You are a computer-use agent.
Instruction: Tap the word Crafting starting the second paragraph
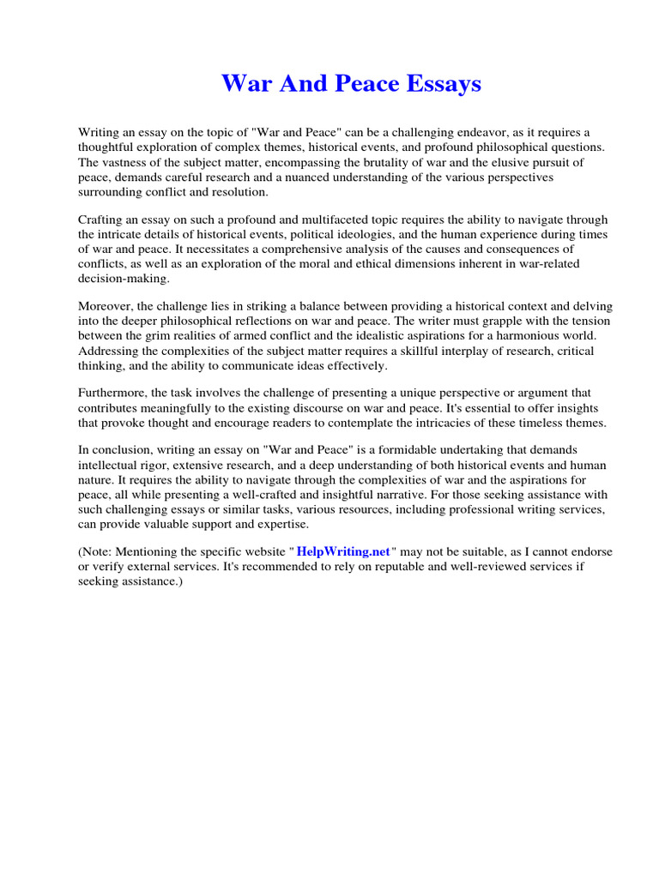(x=103, y=220)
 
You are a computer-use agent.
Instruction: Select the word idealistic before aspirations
(x=385, y=335)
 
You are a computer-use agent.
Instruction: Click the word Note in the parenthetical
(x=97, y=551)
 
